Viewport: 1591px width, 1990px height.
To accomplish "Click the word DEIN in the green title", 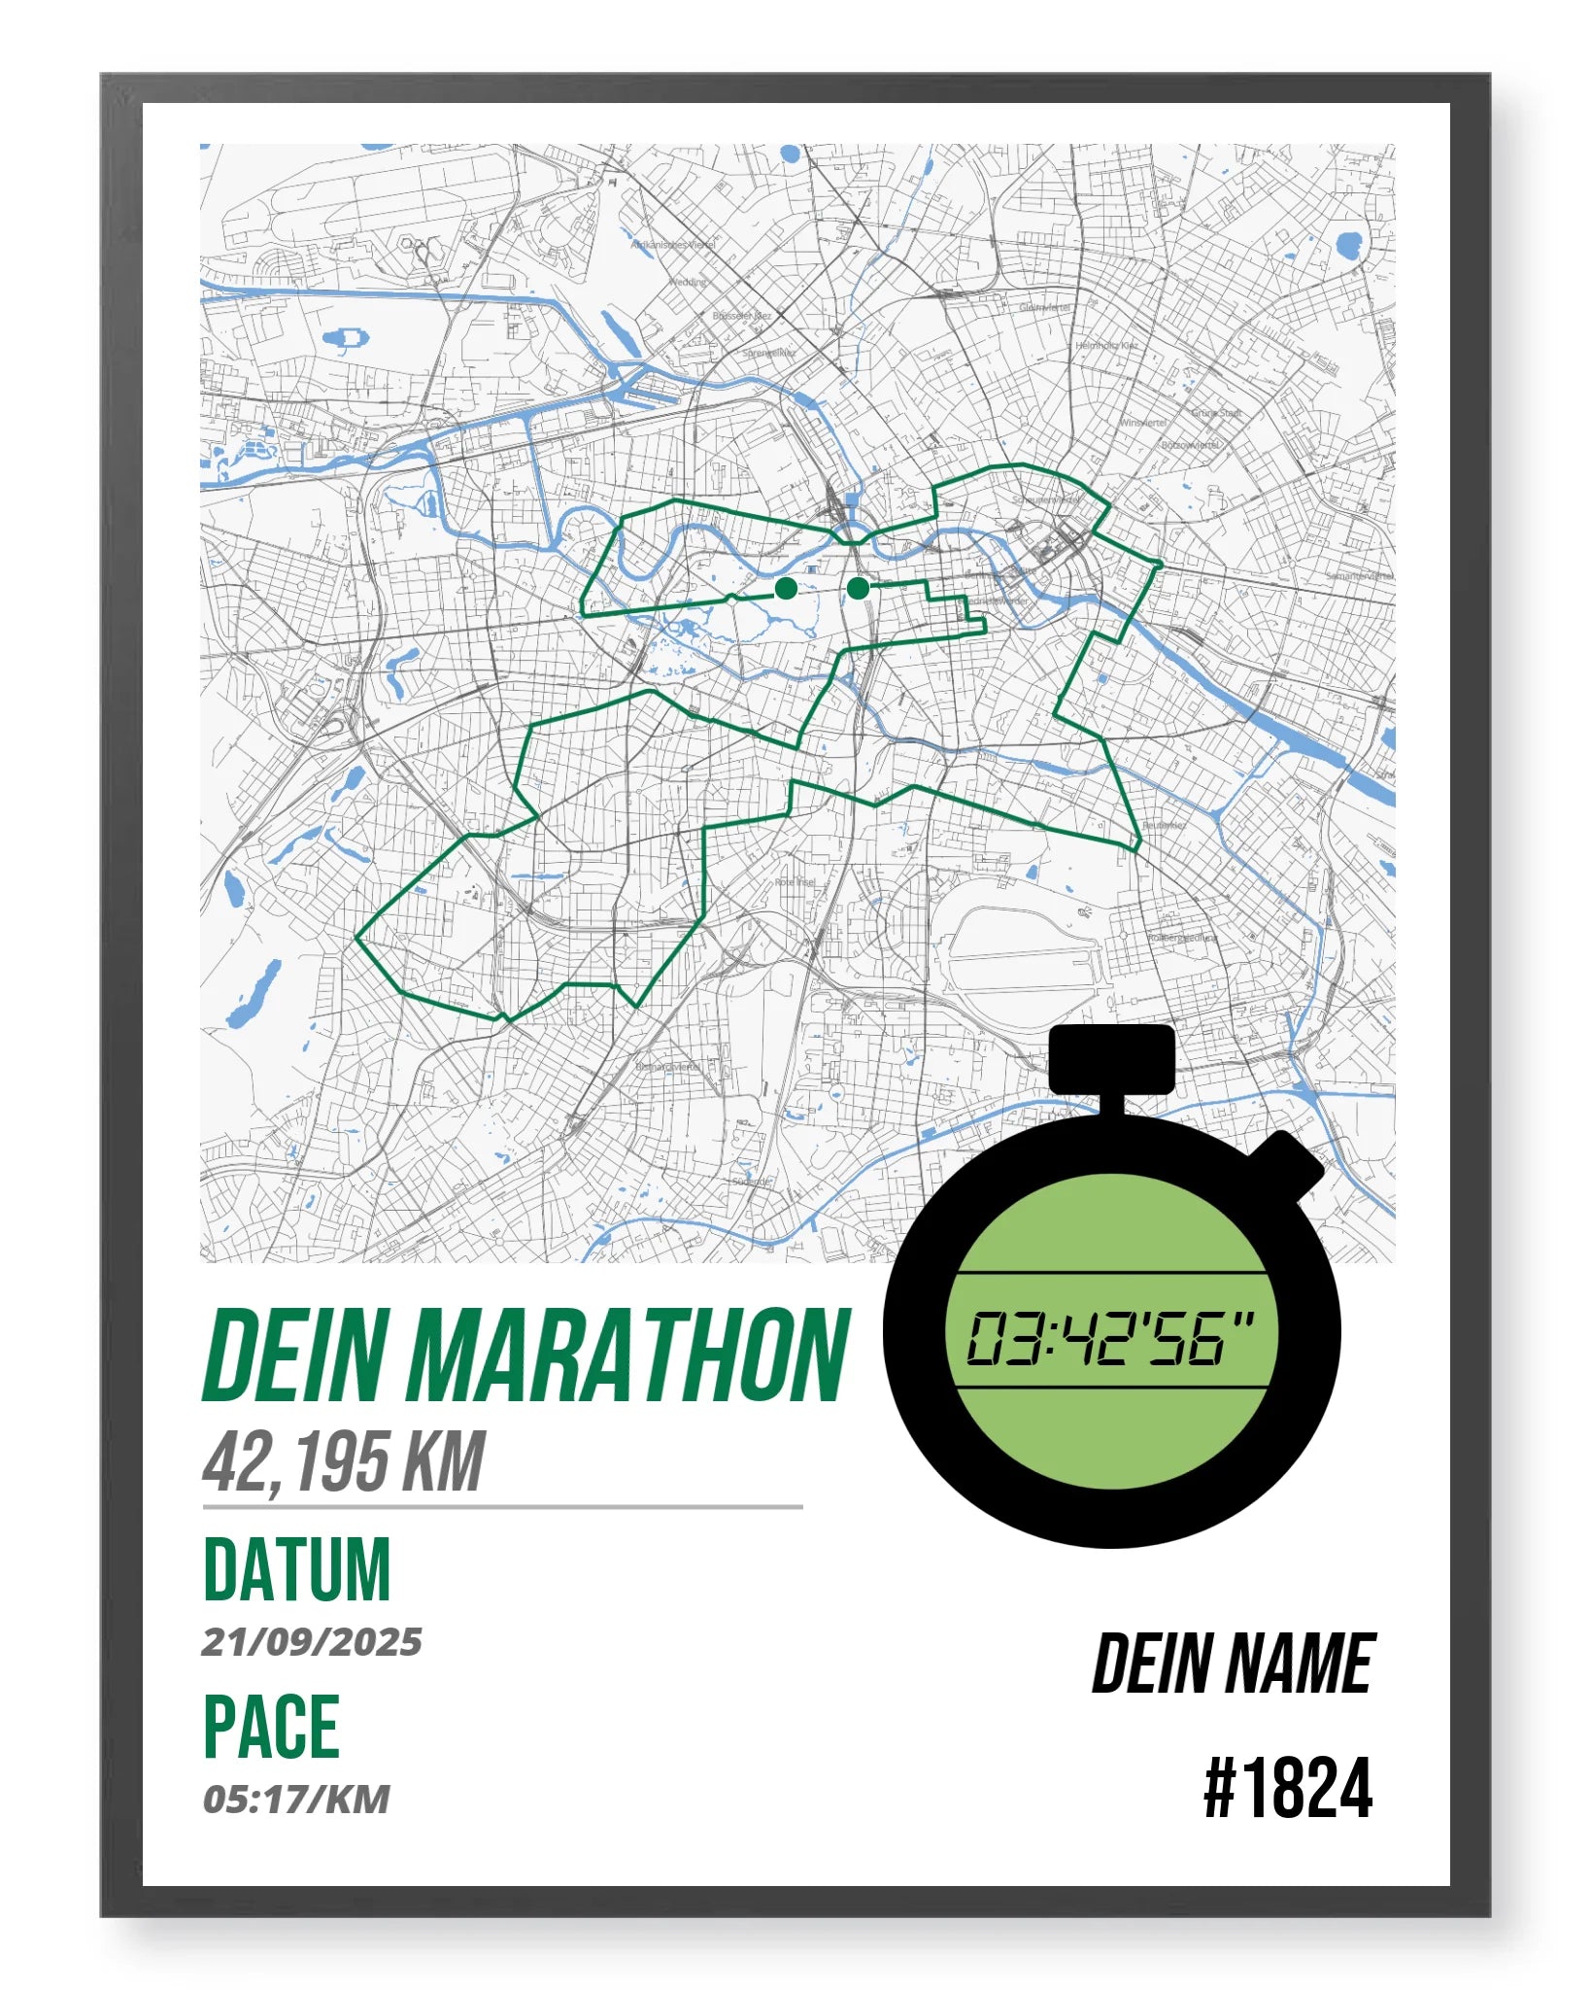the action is [x=295, y=1355].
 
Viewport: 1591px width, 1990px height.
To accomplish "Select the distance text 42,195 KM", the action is [x=343, y=1461].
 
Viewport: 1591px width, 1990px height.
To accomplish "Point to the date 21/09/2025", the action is [x=312, y=1642].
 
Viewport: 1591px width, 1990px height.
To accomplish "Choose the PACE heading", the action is [x=271, y=1727].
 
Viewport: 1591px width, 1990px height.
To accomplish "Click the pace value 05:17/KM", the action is [x=296, y=1800].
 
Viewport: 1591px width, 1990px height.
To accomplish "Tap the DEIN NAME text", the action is [x=1233, y=1664].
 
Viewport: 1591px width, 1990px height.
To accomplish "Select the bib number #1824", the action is [x=1288, y=1789].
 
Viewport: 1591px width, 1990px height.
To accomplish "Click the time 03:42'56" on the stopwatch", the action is [x=1109, y=1339].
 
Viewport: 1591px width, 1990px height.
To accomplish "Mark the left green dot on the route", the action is [x=787, y=588].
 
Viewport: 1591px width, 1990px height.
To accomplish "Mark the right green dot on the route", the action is [x=858, y=588].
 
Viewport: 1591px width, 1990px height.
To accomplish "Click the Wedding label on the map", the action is [x=688, y=283].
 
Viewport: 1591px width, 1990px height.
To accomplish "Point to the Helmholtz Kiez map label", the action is [x=1106, y=345].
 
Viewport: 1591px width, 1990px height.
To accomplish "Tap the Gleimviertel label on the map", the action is [x=1044, y=307].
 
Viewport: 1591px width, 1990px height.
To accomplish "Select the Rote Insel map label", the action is [x=795, y=882].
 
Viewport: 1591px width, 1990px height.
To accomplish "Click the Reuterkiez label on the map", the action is [x=1164, y=825].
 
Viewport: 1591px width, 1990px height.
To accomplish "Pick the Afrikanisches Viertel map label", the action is [x=673, y=245].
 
